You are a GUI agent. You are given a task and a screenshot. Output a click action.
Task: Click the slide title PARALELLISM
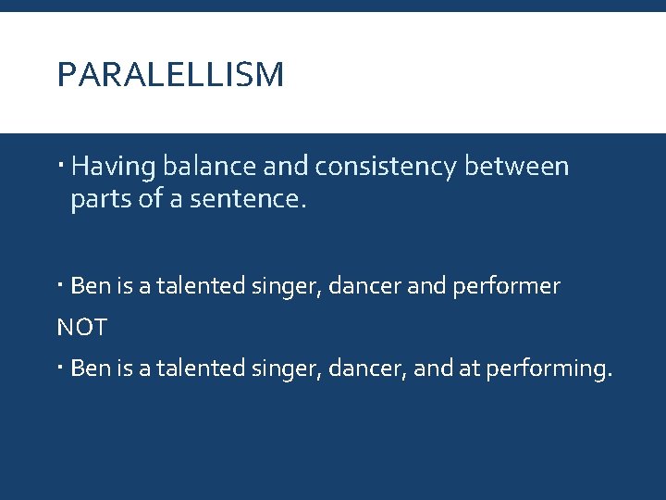[x=170, y=75]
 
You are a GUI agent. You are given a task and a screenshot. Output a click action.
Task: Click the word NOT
[x=81, y=327]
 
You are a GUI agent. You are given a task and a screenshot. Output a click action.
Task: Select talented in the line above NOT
[x=196, y=286]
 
